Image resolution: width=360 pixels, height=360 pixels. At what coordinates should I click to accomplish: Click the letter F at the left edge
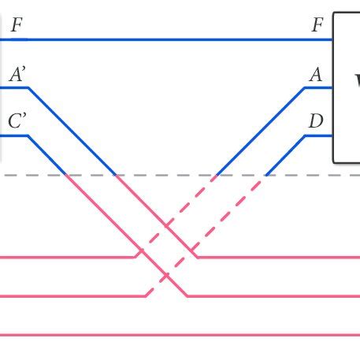[16, 24]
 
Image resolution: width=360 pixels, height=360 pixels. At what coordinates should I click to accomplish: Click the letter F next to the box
[317, 24]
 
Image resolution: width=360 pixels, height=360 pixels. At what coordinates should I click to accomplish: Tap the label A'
[17, 75]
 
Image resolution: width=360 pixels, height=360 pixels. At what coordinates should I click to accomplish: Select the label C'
[17, 122]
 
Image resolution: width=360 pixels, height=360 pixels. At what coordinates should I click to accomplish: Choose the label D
[316, 122]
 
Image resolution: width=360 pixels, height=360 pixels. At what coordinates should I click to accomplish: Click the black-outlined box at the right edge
[347, 87]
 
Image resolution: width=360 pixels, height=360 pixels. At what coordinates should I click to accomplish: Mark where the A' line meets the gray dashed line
[116, 175]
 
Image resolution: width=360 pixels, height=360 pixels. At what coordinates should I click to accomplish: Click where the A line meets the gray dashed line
[217, 175]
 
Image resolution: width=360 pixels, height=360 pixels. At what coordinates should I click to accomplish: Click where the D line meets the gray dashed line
[265, 175]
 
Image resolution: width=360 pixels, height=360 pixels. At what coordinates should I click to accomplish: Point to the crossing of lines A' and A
[166, 225]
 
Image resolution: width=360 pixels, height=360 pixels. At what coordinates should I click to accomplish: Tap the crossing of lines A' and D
[191, 250]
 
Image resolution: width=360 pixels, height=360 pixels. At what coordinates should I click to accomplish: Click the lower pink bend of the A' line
[197, 257]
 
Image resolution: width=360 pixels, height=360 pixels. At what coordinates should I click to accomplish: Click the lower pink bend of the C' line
[187, 296]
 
